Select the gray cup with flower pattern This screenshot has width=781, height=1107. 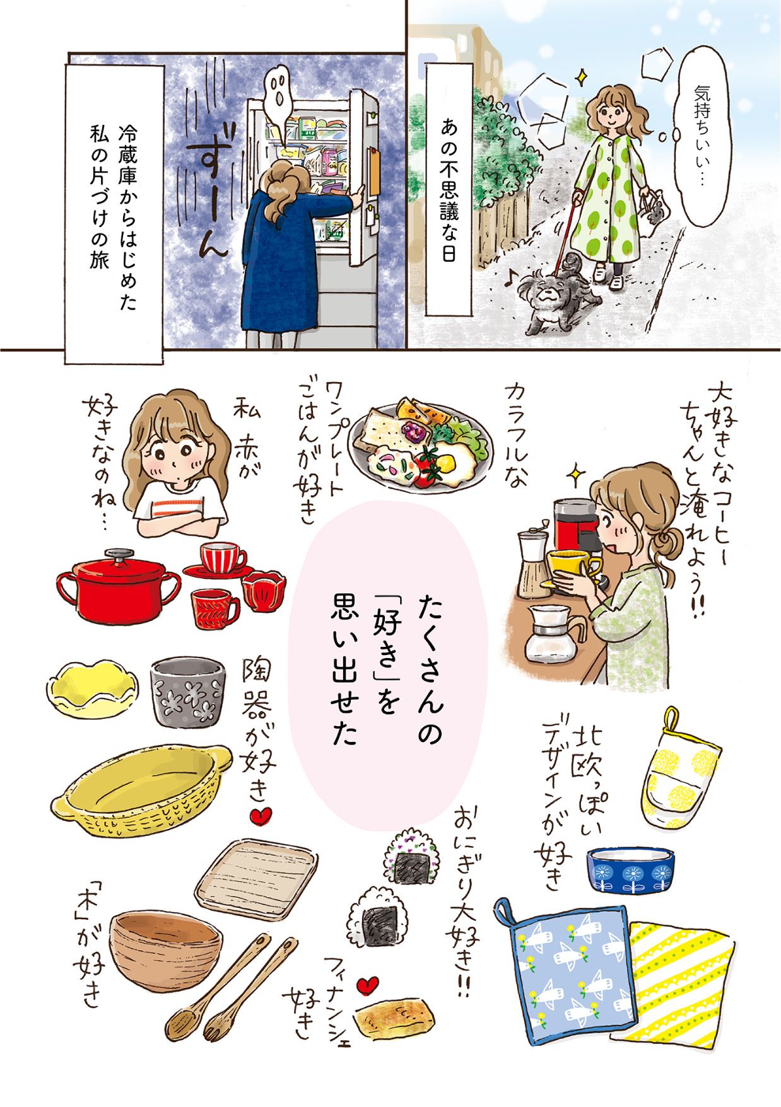[187, 692]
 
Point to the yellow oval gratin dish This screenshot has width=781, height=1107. [143, 792]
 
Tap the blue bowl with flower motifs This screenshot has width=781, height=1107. [631, 868]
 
